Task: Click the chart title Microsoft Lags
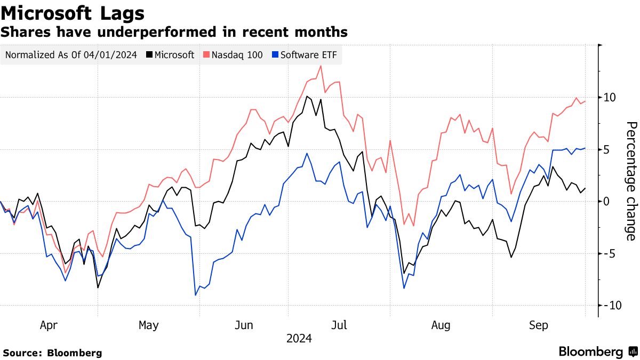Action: click(x=73, y=12)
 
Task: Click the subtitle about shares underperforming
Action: click(x=174, y=32)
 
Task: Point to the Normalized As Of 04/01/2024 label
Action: click(x=71, y=54)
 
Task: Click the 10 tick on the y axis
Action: click(x=610, y=98)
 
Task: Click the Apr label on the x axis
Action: click(x=49, y=325)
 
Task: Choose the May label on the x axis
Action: click(x=148, y=325)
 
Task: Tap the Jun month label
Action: click(x=244, y=325)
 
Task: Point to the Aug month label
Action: click(x=441, y=325)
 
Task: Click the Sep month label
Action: click(x=538, y=325)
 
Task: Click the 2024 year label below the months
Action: click(x=299, y=339)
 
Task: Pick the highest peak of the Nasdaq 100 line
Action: click(x=320, y=66)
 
